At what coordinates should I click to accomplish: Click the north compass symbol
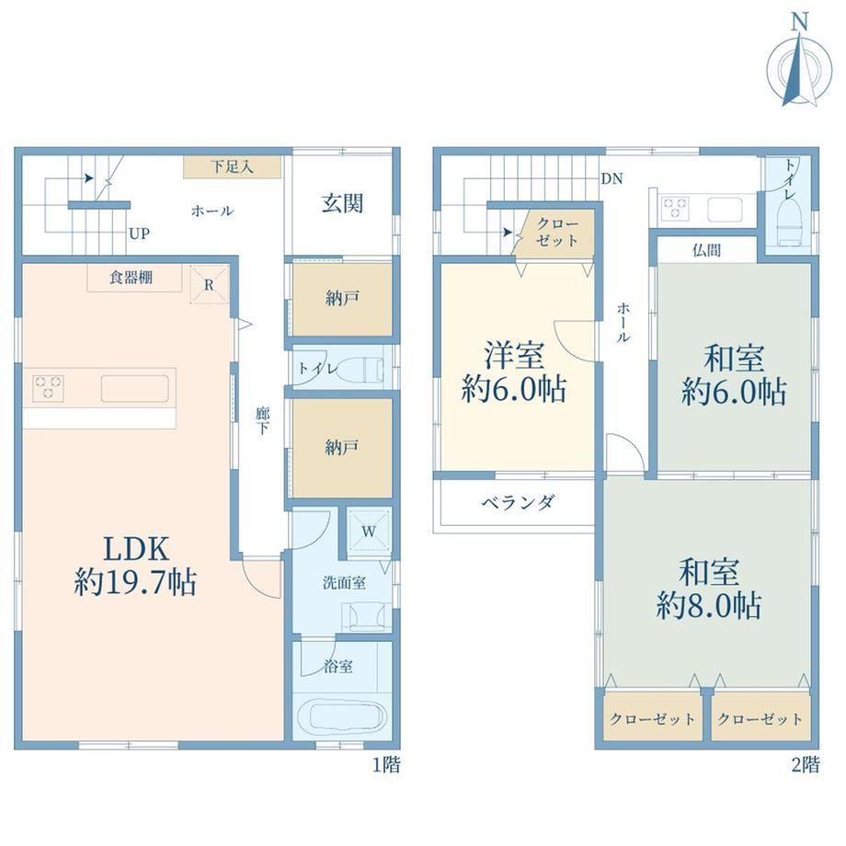[x=799, y=67]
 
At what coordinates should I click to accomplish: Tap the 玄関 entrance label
[x=343, y=204]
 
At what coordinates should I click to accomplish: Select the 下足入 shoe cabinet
[x=232, y=167]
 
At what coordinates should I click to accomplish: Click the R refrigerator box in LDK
[x=210, y=284]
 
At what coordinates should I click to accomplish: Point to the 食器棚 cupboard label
[x=131, y=278]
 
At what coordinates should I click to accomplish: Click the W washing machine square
[x=369, y=530]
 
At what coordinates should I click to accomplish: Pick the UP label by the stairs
[x=139, y=234]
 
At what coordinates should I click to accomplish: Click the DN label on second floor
[x=612, y=178]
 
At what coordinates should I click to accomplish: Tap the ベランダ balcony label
[x=518, y=503]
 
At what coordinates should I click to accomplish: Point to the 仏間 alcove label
[x=707, y=250]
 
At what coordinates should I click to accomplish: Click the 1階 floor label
[x=386, y=764]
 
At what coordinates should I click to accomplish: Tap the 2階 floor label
[x=806, y=764]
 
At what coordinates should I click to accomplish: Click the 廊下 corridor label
[x=263, y=421]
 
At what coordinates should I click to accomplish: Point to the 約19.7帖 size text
[x=135, y=583]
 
